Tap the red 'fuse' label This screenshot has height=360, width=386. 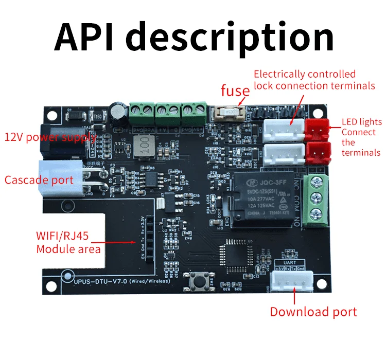(x=235, y=91)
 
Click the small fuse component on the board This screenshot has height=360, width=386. (x=230, y=112)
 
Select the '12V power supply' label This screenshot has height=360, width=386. (x=50, y=137)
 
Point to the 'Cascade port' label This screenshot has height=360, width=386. (x=39, y=180)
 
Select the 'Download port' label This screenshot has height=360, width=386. (x=313, y=312)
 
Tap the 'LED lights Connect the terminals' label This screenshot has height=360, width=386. (x=362, y=137)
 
